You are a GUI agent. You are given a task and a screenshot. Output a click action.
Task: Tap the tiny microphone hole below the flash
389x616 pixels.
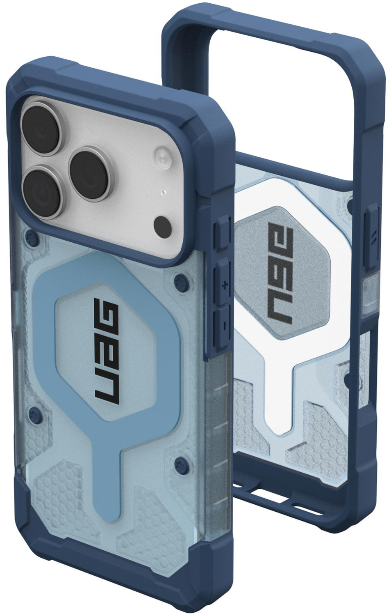tap(164, 192)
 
